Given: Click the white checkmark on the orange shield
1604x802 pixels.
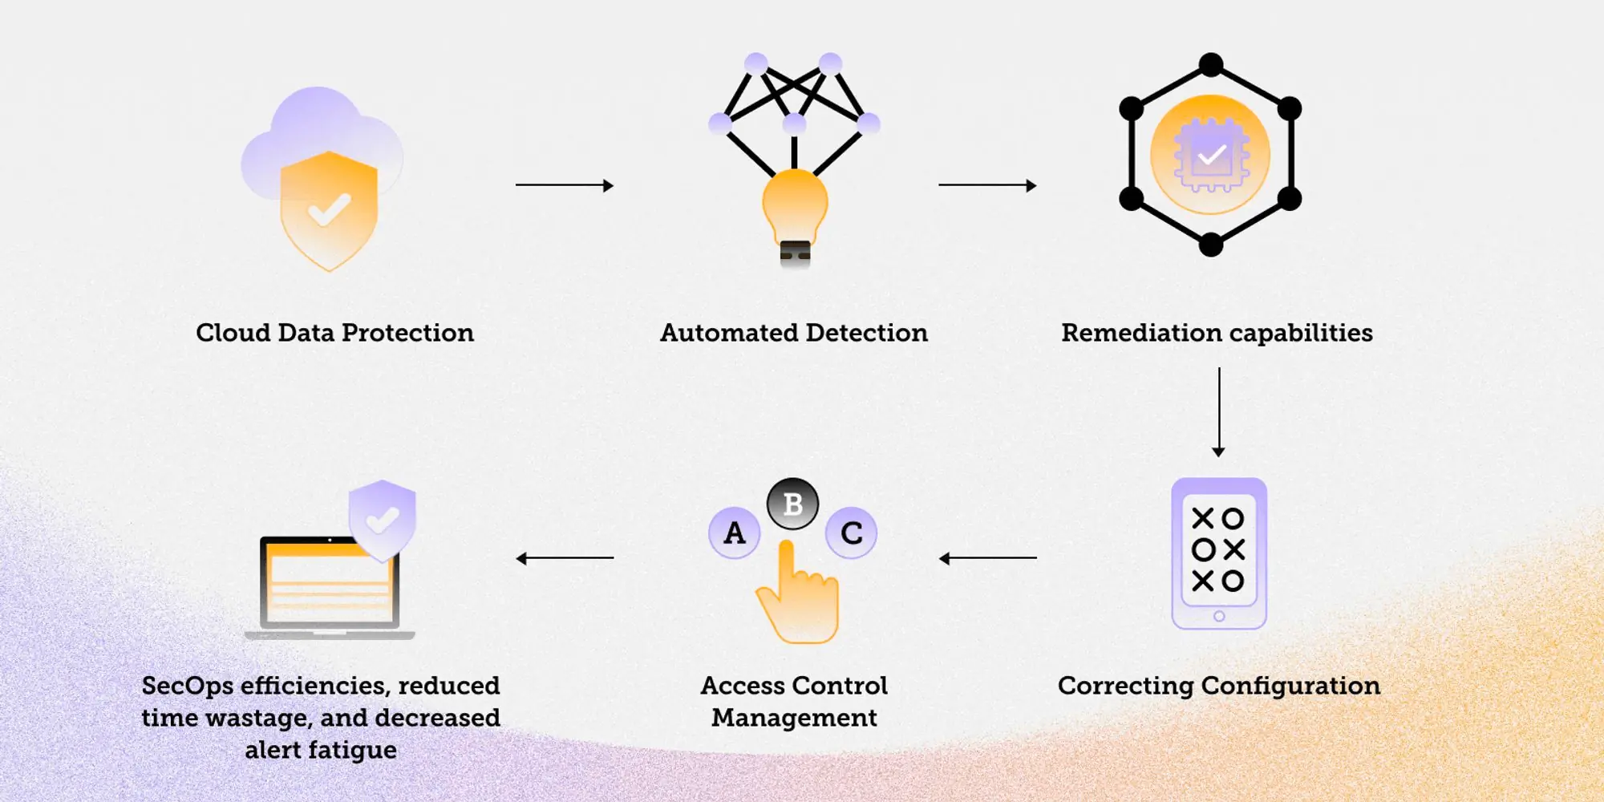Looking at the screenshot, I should coord(329,210).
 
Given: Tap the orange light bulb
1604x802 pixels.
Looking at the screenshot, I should coord(795,205).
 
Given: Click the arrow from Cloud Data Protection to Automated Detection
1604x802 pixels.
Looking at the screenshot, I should coord(564,185).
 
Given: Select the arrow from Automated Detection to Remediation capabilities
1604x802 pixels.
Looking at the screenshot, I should coord(987,185).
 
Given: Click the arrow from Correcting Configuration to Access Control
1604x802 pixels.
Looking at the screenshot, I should coord(987,558).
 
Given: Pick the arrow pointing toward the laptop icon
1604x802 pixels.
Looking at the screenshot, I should coord(564,558).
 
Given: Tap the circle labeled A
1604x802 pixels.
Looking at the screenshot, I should coord(734,533).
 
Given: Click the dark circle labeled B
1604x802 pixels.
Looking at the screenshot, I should coord(792,504).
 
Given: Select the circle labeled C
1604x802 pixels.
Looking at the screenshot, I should coord(851,533).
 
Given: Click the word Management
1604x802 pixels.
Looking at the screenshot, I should coord(794,718).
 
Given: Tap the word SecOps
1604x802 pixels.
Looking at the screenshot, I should coord(187,687).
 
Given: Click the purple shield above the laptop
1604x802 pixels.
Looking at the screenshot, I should coord(383,520).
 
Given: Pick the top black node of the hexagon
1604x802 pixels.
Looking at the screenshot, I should coord(1210,64).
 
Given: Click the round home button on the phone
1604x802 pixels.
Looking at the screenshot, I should coord(1219,616).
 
